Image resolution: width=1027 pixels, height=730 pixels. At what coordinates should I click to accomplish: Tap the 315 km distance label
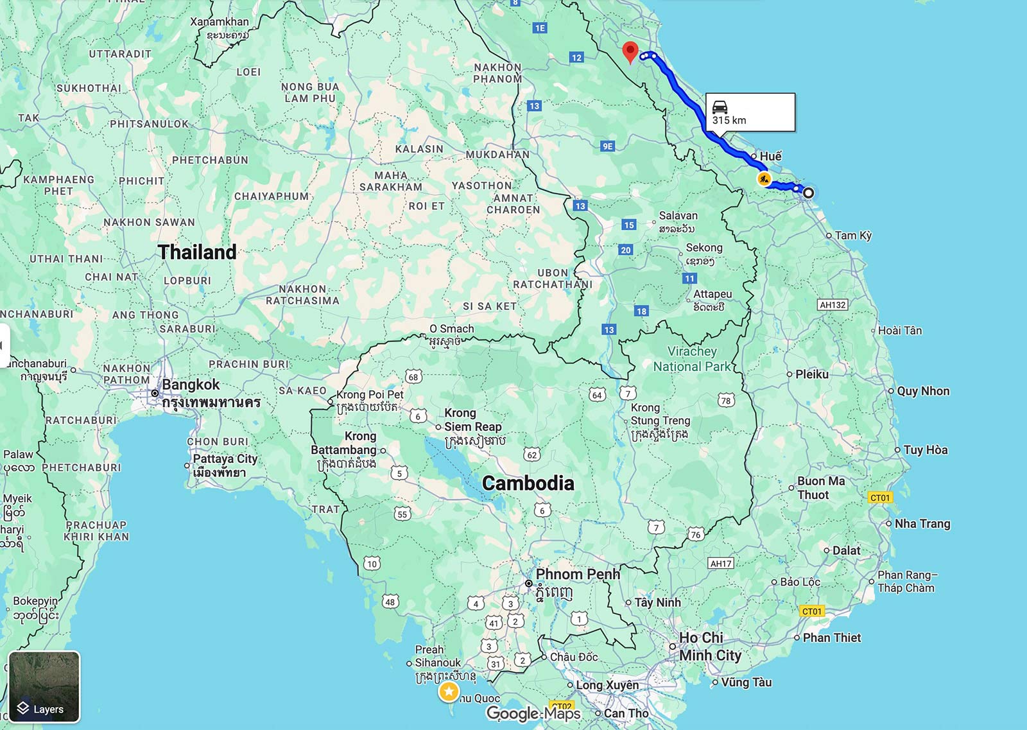point(729,120)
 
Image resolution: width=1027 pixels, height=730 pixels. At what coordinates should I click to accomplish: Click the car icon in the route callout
point(720,107)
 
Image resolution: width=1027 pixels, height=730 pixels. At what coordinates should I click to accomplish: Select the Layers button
point(44,686)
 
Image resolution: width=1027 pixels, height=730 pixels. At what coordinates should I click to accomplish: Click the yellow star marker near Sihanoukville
point(449,691)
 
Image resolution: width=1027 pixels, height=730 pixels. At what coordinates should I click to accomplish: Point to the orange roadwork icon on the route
point(764,178)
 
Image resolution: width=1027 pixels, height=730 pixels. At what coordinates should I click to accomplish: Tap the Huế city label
point(770,156)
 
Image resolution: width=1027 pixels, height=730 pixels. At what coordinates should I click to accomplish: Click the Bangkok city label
point(191,385)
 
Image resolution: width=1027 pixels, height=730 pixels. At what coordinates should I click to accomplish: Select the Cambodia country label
point(528,483)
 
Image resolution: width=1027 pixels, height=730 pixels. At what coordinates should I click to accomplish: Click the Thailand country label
point(197,252)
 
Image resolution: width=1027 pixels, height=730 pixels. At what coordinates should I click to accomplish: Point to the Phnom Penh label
point(578,574)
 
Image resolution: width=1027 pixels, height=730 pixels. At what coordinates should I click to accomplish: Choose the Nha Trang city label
point(922,523)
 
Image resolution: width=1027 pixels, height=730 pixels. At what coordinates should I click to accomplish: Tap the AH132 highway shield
point(833,305)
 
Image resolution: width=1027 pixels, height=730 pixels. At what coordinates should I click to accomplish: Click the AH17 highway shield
point(721,563)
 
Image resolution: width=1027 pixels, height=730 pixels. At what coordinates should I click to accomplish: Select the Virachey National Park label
point(692,359)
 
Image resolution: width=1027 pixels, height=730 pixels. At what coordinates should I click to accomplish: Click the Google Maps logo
point(533,713)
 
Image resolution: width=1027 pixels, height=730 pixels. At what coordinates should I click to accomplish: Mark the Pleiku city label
point(811,374)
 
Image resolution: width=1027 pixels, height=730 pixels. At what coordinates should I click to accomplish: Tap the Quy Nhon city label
point(923,391)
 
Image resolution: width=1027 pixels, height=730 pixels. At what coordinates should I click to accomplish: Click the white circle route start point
point(809,193)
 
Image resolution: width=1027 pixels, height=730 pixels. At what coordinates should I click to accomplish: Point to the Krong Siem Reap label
point(472,421)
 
